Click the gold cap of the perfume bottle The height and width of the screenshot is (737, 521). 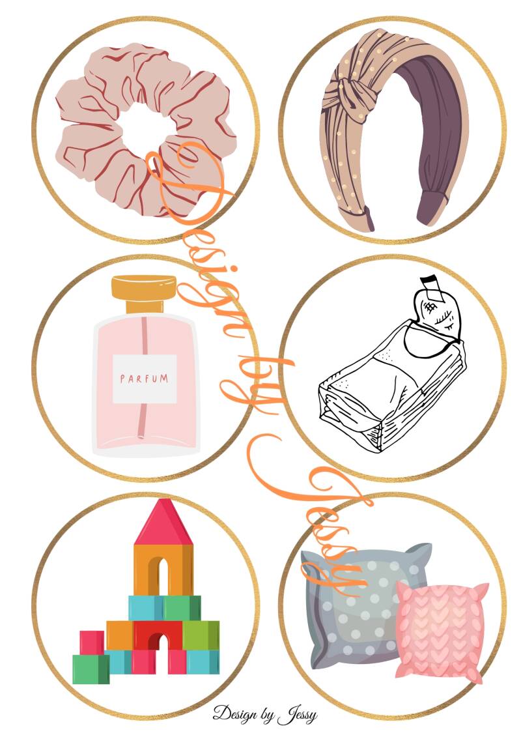[x=144, y=293]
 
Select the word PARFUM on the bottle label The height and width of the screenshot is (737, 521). [x=144, y=379]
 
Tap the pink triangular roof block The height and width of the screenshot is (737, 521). [x=163, y=522]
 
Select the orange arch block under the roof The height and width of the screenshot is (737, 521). [x=163, y=570]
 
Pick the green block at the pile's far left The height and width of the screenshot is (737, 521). [x=91, y=669]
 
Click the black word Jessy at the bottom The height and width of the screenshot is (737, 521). [x=297, y=715]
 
